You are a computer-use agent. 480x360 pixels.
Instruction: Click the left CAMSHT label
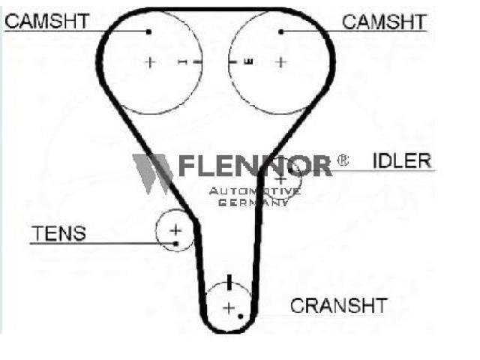46,21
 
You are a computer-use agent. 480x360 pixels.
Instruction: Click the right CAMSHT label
384,22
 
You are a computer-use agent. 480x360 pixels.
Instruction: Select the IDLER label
402,160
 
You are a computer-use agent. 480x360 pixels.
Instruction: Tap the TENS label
58,233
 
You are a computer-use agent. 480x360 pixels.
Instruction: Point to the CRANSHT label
339,305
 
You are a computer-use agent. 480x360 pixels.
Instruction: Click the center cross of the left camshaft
150,62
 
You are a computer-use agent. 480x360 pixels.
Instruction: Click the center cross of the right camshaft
281,62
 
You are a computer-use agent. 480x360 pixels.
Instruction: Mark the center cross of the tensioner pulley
175,230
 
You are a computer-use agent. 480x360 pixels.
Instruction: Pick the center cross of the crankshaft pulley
229,307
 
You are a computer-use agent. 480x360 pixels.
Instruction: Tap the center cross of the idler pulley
281,179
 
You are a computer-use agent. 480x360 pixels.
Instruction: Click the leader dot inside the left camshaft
148,31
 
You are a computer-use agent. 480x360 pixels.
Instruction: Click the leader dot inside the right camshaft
281,31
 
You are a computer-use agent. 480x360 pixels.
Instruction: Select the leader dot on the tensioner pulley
175,244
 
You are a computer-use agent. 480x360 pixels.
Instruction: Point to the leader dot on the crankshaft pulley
241,316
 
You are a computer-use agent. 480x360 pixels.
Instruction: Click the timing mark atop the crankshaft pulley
229,282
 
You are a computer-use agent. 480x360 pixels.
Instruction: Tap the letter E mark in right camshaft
248,61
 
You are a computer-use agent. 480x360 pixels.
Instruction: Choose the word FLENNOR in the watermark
255,166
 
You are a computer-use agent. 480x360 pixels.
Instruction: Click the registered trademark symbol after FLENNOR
343,160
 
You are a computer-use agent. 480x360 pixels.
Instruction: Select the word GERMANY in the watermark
253,202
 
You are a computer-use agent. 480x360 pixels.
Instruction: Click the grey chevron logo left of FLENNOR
152,174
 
